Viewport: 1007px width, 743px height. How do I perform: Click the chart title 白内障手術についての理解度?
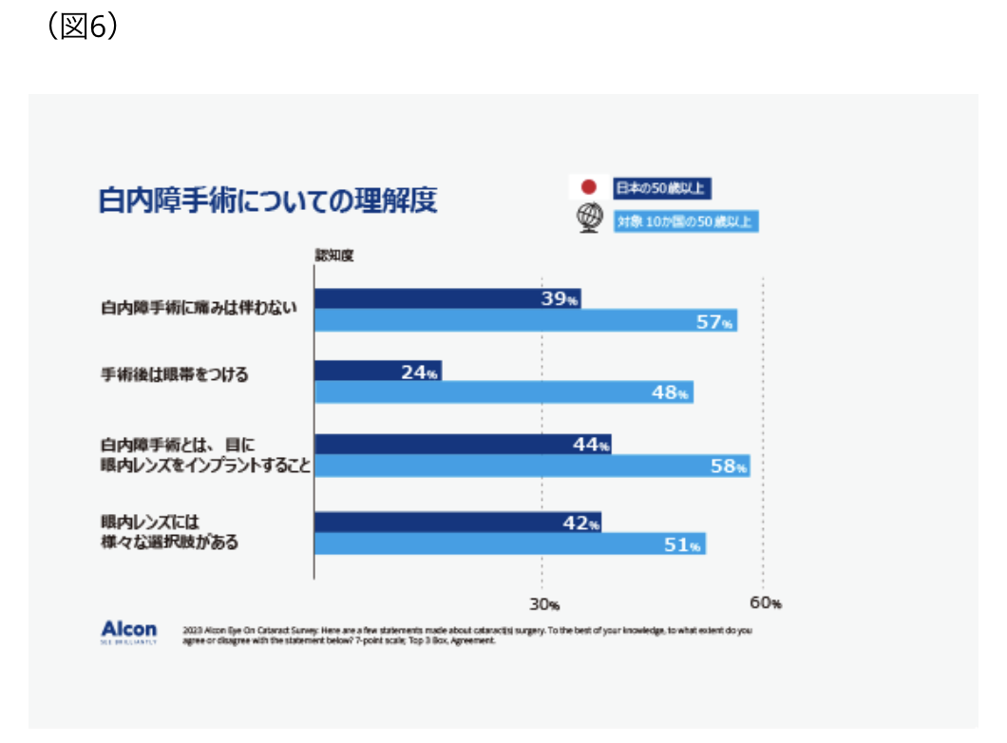click(x=268, y=200)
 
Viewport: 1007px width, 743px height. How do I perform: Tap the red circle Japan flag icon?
click(x=588, y=187)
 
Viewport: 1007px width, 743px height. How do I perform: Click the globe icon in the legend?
click(x=588, y=219)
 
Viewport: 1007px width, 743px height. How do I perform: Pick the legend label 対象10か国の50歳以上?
click(x=686, y=221)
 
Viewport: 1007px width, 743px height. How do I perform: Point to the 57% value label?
click(x=714, y=322)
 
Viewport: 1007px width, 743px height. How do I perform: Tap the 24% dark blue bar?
click(x=377, y=371)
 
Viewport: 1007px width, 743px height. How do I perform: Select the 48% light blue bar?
click(x=503, y=392)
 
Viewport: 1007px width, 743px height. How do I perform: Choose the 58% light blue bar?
click(x=532, y=466)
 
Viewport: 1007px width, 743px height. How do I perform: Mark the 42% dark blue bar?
click(x=457, y=523)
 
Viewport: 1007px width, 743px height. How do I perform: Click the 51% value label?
click(x=682, y=544)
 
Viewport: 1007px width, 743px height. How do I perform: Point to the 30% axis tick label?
click(x=543, y=604)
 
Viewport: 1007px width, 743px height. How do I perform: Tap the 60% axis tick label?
click(x=765, y=603)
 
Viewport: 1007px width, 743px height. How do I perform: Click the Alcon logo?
click(x=129, y=632)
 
